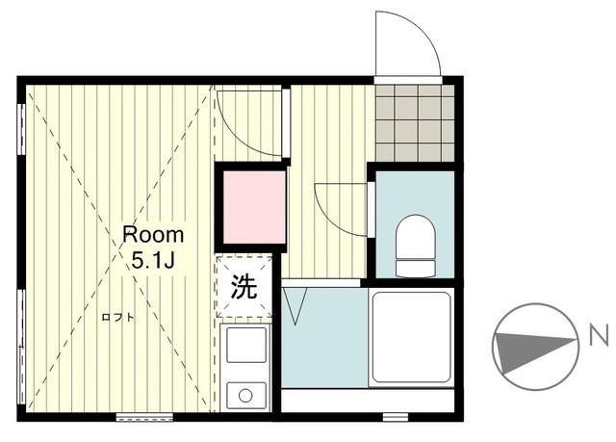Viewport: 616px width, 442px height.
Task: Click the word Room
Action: (x=153, y=235)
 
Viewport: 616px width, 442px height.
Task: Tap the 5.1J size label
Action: (x=152, y=260)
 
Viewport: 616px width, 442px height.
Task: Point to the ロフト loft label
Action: (x=117, y=317)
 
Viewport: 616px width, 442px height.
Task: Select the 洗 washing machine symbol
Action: (x=244, y=286)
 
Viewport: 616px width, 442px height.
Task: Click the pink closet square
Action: (x=254, y=207)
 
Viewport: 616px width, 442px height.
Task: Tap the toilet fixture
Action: (x=415, y=246)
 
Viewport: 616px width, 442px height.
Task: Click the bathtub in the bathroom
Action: (x=411, y=337)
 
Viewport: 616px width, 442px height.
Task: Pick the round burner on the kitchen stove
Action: (x=245, y=395)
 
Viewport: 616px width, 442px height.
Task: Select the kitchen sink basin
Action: (x=246, y=345)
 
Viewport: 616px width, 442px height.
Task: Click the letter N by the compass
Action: (x=599, y=337)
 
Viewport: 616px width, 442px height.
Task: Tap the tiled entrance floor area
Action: (x=415, y=123)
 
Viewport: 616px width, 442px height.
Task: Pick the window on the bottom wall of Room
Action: (x=144, y=417)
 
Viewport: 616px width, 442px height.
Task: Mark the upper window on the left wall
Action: (x=21, y=129)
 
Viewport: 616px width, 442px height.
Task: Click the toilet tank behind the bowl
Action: (x=415, y=269)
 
